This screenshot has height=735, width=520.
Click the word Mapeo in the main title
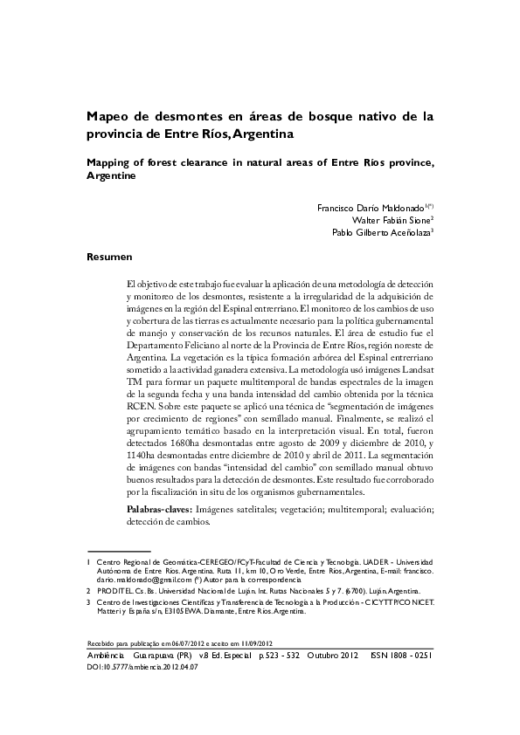(x=107, y=116)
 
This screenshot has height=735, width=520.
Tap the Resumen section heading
(x=108, y=258)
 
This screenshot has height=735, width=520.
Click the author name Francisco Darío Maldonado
(x=371, y=210)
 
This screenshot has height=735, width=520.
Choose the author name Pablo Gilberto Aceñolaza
(x=380, y=234)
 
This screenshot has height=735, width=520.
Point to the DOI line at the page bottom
(x=143, y=665)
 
